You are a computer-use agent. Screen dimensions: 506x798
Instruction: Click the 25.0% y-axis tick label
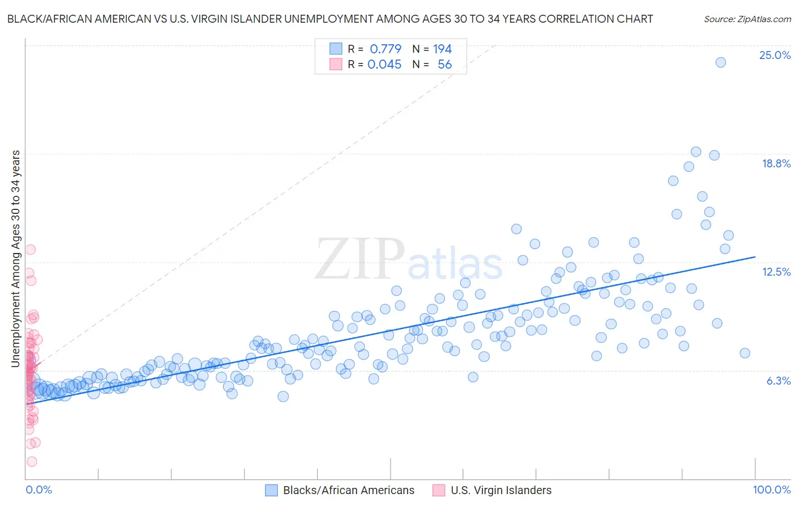tap(775, 55)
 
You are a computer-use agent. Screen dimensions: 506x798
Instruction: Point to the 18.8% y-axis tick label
tap(776, 163)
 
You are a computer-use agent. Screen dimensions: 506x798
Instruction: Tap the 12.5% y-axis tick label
tap(776, 272)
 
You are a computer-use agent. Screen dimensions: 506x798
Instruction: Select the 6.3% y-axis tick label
tap(778, 381)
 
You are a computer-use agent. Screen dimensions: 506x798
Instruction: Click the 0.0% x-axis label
tap(39, 490)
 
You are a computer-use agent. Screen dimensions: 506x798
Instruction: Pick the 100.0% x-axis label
tap(771, 490)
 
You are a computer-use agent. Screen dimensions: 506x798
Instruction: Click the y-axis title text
tap(16, 258)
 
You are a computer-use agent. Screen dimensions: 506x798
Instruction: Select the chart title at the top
tap(330, 19)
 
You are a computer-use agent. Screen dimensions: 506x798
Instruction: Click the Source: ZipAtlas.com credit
tap(747, 19)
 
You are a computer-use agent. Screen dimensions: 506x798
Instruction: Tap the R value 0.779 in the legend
tap(385, 49)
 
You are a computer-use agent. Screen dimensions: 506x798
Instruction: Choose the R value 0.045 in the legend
tap(384, 65)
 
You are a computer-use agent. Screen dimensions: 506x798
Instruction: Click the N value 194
tap(442, 49)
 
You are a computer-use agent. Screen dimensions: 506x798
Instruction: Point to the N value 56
tap(444, 65)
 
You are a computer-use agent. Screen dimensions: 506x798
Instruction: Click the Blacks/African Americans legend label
tap(348, 490)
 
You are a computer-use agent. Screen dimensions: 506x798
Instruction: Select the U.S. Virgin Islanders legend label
tap(501, 490)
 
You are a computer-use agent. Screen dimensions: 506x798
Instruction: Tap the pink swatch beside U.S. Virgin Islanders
tap(439, 490)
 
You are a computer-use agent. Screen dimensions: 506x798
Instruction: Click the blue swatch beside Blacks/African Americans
tap(271, 490)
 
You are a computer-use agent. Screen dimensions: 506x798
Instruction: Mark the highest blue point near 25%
tap(720, 62)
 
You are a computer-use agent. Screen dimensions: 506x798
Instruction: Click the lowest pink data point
tap(32, 462)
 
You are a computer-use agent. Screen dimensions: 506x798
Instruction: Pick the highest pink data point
tap(30, 250)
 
